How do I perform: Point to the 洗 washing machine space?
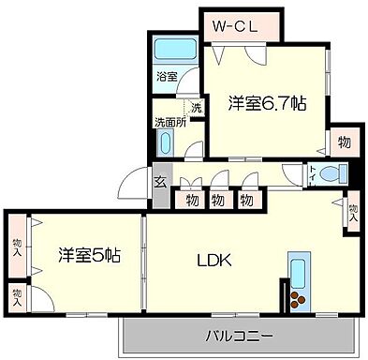(195, 108)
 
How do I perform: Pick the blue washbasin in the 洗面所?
(166, 143)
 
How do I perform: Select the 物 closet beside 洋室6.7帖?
(343, 142)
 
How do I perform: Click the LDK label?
(213, 260)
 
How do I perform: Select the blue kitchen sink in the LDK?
(300, 272)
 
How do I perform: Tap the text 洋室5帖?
(88, 253)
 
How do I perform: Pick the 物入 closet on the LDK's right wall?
(352, 207)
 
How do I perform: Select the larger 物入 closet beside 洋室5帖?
(17, 246)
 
